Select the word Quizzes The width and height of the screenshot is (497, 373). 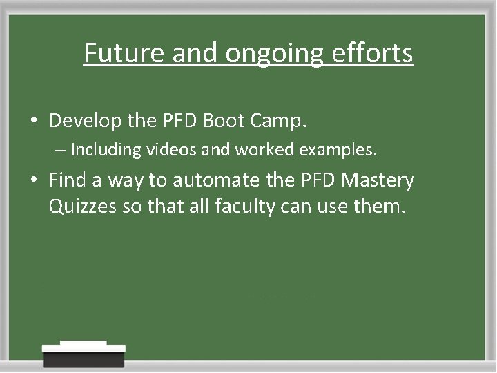(x=80, y=207)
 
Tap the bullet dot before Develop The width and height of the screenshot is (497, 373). (x=34, y=122)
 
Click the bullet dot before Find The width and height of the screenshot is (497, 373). (x=34, y=181)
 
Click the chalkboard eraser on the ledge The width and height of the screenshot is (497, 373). (x=84, y=354)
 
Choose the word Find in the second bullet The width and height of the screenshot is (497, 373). (x=68, y=180)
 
